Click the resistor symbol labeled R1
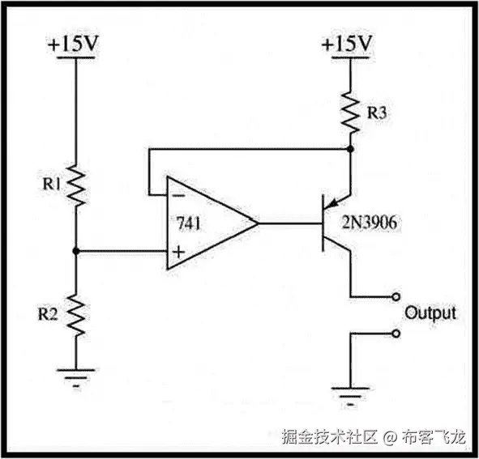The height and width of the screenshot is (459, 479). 76,185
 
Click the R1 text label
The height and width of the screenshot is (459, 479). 53,184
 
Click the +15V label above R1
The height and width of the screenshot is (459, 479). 74,45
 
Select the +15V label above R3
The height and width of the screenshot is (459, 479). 349,45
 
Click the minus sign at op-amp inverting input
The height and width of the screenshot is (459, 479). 177,195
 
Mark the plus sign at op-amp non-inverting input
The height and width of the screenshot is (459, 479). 177,252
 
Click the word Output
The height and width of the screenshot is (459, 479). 430,312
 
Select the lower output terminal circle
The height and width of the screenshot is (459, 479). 395,333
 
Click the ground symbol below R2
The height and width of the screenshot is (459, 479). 75,374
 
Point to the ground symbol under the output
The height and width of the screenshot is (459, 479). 350,396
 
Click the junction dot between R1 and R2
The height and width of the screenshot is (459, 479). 76,251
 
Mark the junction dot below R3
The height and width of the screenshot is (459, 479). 350,149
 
